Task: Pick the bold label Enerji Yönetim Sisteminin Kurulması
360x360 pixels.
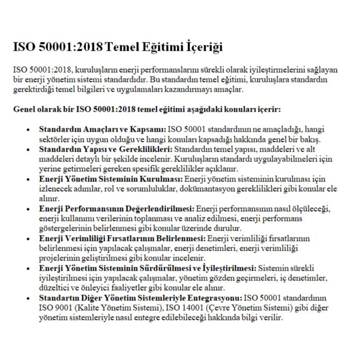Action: pyautogui.click(x=111, y=178)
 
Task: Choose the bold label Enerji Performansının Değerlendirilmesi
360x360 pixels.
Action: pyautogui.click(x=117, y=208)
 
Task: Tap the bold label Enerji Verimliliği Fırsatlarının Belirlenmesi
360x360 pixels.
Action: pyautogui.click(x=123, y=237)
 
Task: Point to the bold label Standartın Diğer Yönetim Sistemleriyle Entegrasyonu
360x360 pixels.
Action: pyautogui.click(x=141, y=297)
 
